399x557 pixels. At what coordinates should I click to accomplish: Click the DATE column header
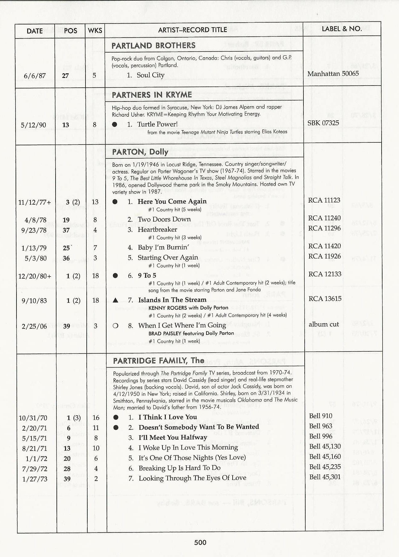pos(34,31)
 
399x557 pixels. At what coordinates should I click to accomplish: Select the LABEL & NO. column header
pos(342,29)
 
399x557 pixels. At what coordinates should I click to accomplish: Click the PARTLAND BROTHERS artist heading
pos(153,46)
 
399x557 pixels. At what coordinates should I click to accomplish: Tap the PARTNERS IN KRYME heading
pos(152,95)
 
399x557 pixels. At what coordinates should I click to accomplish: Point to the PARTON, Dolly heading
pos(140,152)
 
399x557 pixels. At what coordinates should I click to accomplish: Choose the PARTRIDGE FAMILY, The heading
pos(158,361)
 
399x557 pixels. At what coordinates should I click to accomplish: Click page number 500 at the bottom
pos(200,542)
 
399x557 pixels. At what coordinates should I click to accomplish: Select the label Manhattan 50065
pos(333,74)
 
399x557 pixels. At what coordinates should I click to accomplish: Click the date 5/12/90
pos(34,125)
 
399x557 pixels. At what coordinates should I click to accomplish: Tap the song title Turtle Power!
pos(157,124)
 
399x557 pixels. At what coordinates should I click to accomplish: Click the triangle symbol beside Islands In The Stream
pos(115,300)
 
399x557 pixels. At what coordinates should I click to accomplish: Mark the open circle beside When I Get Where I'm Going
pos(115,326)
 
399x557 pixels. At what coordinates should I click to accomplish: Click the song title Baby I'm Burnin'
pos(163,247)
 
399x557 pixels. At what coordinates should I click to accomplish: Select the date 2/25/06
pos(34,326)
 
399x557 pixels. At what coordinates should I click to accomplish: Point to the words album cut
pos(324,324)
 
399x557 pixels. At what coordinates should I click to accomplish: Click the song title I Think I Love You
pos(168,417)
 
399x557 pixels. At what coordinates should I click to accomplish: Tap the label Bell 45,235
pos(325,467)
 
